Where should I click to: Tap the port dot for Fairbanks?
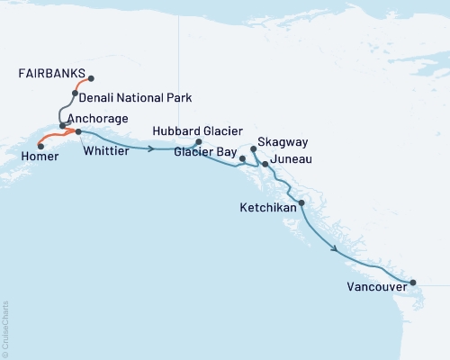91,78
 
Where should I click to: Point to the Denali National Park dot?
76,93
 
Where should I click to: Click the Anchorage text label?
96,119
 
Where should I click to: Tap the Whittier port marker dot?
78,132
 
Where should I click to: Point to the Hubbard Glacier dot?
198,141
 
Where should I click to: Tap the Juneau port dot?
265,164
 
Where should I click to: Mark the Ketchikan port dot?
301,203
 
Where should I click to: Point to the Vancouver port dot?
413,283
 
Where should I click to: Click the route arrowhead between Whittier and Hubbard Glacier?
149,148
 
